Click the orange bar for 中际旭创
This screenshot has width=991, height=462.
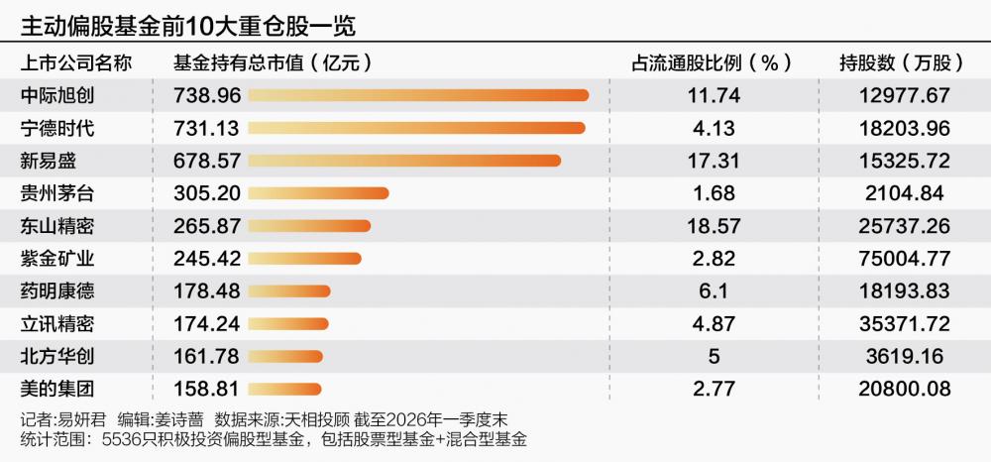418,95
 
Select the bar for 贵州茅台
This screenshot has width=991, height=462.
318,192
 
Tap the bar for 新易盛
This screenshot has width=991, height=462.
404,161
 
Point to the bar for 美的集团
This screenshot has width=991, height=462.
285,388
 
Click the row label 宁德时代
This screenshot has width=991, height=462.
56,128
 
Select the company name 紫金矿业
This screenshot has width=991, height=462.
56,259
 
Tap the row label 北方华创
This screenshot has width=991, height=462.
56,355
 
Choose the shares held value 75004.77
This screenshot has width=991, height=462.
901,259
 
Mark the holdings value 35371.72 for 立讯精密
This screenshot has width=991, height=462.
901,323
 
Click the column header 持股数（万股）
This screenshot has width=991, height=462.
901,63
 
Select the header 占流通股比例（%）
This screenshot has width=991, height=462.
712,63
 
